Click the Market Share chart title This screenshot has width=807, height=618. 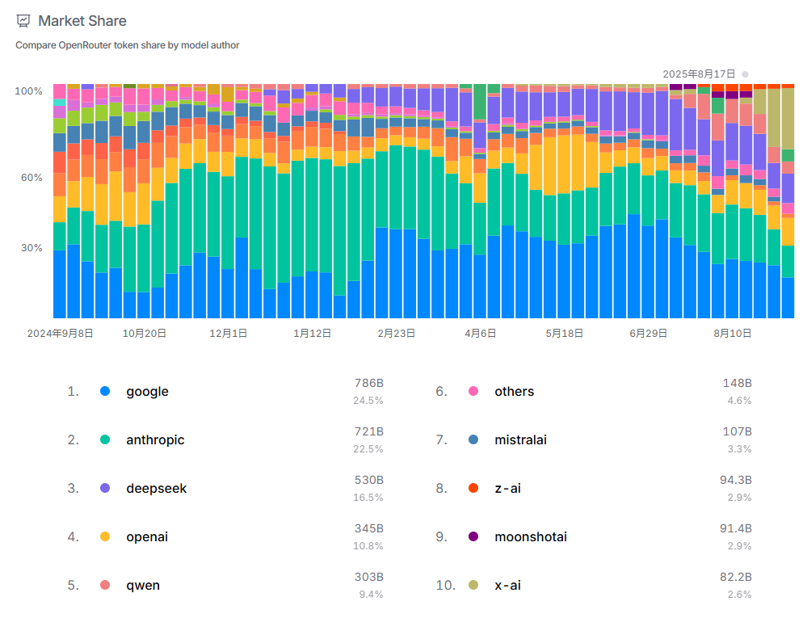pos(82,21)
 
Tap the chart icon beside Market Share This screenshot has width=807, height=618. pos(23,21)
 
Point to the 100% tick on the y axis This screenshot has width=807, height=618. pos(29,91)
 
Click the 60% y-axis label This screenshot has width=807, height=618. pos(32,178)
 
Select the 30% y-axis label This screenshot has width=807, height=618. pos(32,248)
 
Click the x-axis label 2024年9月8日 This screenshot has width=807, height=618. pos(61,333)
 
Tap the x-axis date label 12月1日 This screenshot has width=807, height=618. pos(228,333)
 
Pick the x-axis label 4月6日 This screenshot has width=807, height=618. pos(481,333)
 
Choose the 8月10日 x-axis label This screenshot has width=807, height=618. pos(732,333)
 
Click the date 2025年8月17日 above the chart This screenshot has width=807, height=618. pos(699,74)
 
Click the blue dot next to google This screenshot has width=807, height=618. pos(105,391)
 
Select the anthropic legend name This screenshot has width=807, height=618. pos(155,440)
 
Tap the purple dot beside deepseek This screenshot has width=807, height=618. pos(105,488)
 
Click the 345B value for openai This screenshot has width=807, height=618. pos(369,528)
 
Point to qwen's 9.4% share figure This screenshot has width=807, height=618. pos(371,595)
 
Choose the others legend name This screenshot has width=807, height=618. pos(514,392)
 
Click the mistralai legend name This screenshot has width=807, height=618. pos(520,440)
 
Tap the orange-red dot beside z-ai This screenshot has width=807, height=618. pos(473,488)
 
